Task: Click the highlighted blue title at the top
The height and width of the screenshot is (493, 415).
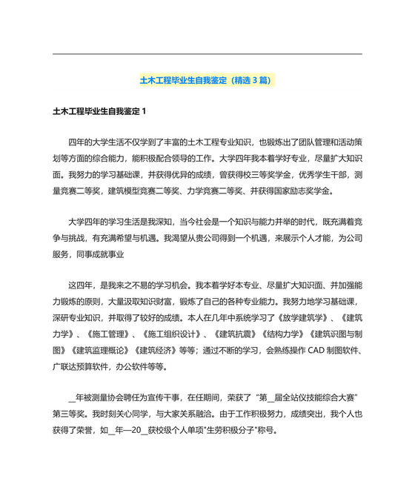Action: tap(207, 80)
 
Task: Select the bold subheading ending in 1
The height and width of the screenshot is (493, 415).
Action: tap(100, 112)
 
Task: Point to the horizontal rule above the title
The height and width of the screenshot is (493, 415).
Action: tap(207, 53)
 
